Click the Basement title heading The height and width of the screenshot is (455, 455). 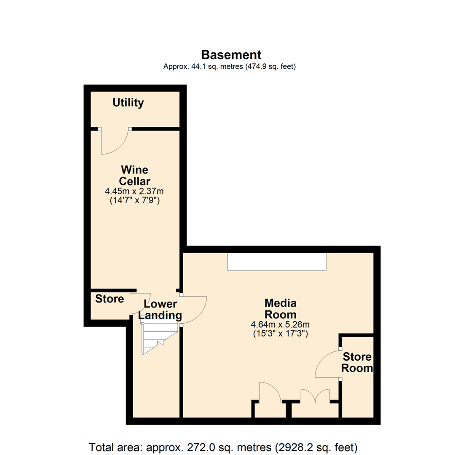(231, 55)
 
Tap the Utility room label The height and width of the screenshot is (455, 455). (128, 103)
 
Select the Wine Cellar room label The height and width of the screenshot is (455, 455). (135, 176)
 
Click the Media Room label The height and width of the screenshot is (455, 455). (280, 309)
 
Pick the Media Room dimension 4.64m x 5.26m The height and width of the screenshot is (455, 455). (280, 325)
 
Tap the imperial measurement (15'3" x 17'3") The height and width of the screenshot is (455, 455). (280, 334)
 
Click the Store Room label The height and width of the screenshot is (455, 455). (357, 363)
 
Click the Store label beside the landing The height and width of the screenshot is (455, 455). (110, 299)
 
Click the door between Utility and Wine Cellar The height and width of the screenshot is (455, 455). (114, 141)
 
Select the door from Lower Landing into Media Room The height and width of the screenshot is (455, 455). (193, 310)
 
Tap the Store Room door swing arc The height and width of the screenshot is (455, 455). (327, 363)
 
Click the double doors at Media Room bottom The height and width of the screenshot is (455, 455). (315, 397)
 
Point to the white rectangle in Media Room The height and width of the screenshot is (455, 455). (277, 262)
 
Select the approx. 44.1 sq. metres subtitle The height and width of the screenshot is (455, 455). (229, 67)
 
